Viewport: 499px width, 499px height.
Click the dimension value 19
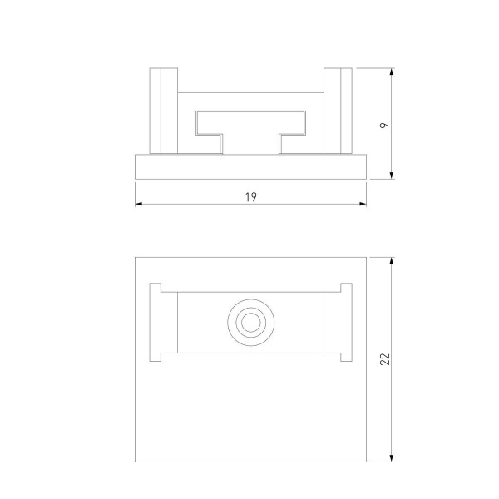coord(250,197)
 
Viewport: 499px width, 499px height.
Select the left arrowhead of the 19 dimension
coord(139,204)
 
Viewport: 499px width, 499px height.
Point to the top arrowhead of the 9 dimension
coord(392,72)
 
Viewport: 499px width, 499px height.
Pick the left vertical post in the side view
coord(162,111)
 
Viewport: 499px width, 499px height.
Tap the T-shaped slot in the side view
coord(249,125)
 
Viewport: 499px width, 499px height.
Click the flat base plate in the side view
coord(250,166)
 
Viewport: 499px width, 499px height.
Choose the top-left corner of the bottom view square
coord(135,258)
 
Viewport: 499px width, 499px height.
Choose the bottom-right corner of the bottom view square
coord(367,462)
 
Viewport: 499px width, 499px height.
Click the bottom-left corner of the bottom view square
coord(135,462)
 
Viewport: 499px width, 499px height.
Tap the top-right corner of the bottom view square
coord(367,258)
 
